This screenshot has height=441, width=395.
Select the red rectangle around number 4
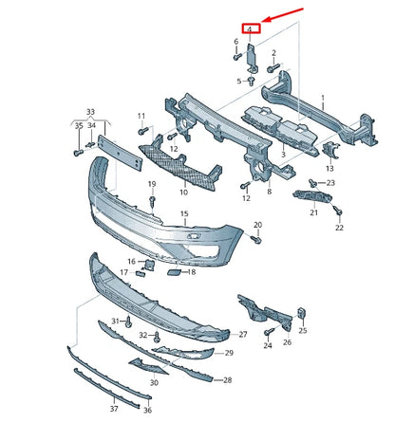250,29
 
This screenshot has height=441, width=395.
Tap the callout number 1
322,99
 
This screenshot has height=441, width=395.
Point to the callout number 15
184,215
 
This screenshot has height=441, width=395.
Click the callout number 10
182,191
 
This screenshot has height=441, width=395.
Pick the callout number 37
113,409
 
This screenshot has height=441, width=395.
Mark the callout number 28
227,380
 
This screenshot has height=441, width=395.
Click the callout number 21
313,213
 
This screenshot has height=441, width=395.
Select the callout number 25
303,331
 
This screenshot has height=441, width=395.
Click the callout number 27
242,335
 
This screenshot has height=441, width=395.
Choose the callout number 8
269,193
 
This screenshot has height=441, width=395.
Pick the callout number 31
115,322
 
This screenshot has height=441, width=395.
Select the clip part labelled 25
300,313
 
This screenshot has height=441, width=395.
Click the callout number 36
147,410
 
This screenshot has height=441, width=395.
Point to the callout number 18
192,272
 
